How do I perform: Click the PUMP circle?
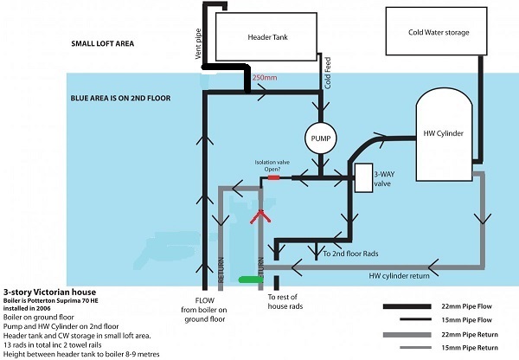pos(320,138)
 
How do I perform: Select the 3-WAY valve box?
pos(363,177)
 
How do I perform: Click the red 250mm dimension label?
pos(264,78)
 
